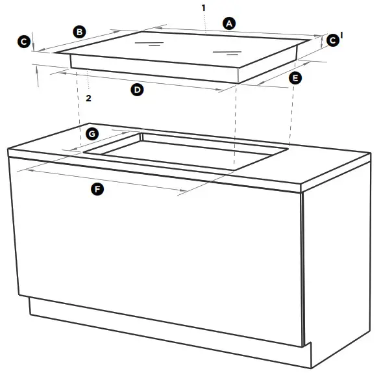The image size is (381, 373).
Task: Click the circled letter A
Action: point(228,23)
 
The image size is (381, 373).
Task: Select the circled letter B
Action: point(79,31)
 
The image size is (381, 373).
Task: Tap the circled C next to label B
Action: point(23,42)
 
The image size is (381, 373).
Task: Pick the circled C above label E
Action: point(332,40)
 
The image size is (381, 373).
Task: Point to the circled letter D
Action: point(137,90)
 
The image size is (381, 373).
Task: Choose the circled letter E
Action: point(295,78)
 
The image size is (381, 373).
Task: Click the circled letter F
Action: point(97,189)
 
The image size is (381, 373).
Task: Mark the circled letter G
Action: point(92,134)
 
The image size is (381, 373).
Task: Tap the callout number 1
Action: point(203,7)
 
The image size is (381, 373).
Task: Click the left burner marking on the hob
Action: point(149,45)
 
